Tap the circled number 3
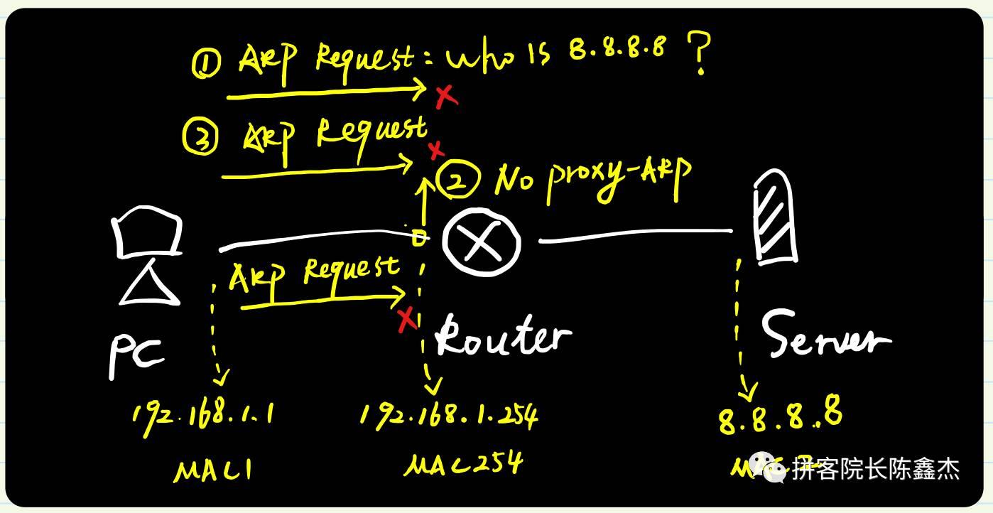click(200, 136)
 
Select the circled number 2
click(460, 182)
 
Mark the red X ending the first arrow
click(445, 95)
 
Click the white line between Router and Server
click(636, 235)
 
